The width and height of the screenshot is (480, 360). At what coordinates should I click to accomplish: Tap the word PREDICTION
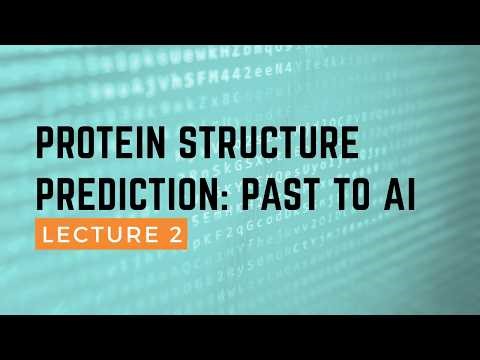point(128,199)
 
